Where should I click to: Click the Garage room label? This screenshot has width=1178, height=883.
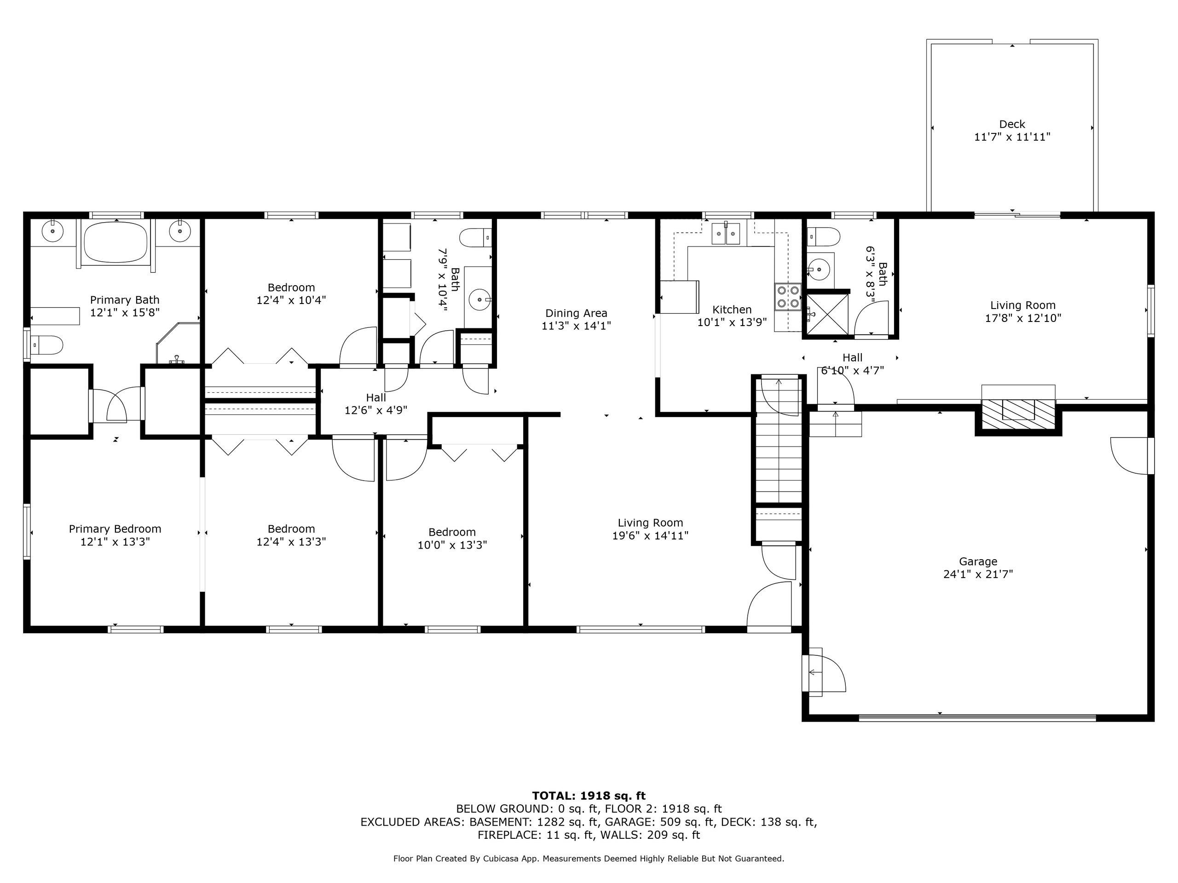pos(978,561)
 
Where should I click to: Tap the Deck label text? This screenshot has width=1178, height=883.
pos(1012,124)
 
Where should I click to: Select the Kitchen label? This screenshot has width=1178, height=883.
pos(732,309)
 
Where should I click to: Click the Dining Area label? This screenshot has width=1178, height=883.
pos(576,313)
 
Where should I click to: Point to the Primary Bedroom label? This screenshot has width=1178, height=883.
pos(115,528)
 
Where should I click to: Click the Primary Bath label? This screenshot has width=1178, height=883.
pos(125,300)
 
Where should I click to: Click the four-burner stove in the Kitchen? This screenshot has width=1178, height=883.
pos(788,297)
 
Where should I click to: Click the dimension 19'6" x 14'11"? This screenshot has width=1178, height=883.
pos(650,535)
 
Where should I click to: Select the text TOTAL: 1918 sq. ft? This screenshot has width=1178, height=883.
pos(589,796)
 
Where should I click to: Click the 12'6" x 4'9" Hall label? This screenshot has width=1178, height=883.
pos(375,403)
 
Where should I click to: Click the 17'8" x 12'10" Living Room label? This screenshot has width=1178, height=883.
pos(1022,311)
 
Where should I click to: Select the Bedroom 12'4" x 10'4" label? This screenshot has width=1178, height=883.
pos(291,293)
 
